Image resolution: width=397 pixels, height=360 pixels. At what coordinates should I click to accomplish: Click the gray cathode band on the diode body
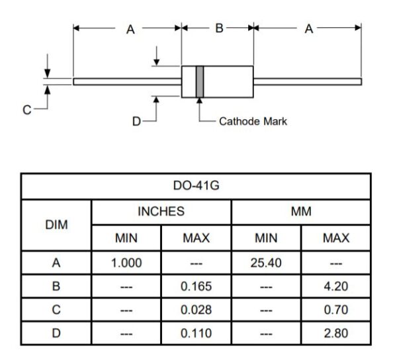click(200, 81)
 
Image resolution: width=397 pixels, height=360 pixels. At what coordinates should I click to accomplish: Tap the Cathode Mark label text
click(253, 122)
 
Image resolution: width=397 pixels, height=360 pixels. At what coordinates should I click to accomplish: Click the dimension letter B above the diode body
click(219, 28)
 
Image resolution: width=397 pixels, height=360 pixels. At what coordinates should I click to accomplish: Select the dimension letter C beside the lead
click(27, 110)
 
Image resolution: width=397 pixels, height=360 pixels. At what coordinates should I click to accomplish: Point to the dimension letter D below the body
click(136, 122)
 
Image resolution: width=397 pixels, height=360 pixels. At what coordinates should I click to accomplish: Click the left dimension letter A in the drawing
click(130, 29)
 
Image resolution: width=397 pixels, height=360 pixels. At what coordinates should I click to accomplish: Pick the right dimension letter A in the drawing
click(309, 28)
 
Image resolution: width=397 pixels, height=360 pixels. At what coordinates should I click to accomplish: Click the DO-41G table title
click(197, 185)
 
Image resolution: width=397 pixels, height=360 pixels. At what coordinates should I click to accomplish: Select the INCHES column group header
click(161, 211)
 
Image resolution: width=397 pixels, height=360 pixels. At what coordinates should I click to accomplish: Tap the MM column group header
click(301, 211)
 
